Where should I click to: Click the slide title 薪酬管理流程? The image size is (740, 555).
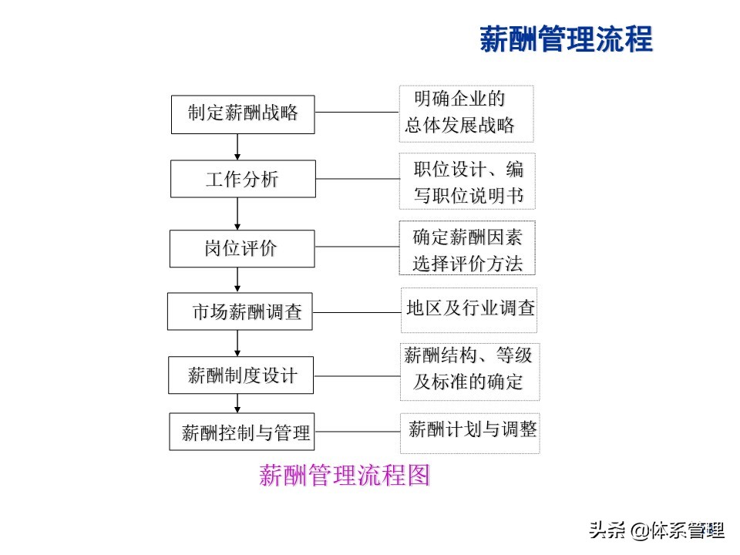(x=566, y=39)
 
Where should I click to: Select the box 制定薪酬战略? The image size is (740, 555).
(x=243, y=113)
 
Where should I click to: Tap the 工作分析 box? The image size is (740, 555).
(x=243, y=179)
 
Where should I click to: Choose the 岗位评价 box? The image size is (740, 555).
(x=242, y=248)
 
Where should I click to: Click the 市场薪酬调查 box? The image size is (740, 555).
(x=240, y=311)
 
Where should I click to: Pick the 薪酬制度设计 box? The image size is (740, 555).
(x=241, y=375)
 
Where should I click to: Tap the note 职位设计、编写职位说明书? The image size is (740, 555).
(x=467, y=182)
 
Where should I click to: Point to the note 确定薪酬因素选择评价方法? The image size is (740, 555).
(x=467, y=248)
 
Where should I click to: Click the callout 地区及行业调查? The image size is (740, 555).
(x=469, y=310)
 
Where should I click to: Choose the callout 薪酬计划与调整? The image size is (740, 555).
(x=470, y=429)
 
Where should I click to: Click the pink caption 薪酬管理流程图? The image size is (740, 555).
(x=344, y=476)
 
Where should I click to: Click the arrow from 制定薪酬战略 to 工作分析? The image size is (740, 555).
(x=237, y=146)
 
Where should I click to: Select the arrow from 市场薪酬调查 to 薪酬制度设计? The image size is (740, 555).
(x=237, y=343)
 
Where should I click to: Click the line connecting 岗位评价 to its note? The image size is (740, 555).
(x=357, y=247)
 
